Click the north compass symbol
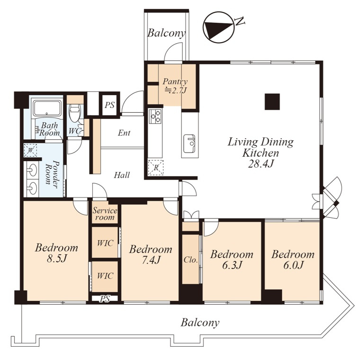tap(218, 28)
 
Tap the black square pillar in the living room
tap(272, 101)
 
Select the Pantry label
tap(175, 81)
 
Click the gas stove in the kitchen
tap(155, 116)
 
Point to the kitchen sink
tap(190, 144)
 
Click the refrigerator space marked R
tap(156, 168)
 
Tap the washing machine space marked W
tap(30, 150)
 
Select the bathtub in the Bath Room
tap(47, 108)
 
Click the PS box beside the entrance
tap(109, 105)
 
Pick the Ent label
tap(124, 133)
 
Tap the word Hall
tap(122, 175)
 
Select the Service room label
tap(105, 214)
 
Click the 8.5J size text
tap(57, 259)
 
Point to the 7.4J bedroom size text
tap(151, 260)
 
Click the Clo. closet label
tap(191, 260)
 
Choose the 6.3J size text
tap(232, 265)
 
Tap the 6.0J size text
tap(293, 265)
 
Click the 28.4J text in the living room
tap(260, 164)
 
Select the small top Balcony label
tap(167, 33)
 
